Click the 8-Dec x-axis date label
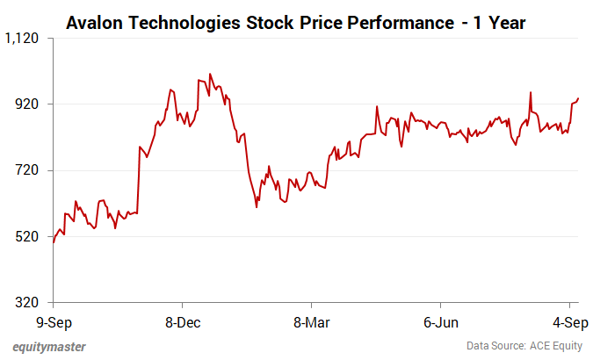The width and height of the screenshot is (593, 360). tap(181, 322)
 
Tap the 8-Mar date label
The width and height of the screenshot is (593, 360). tap(310, 322)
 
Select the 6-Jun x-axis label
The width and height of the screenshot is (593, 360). tap(439, 322)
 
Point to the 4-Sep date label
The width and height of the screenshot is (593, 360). tap(568, 322)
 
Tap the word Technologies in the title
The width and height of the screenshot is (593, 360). tap(184, 22)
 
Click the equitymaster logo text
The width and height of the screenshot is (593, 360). tap(49, 346)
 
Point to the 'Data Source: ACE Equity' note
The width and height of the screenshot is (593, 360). tap(524, 346)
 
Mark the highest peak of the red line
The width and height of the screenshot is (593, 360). tap(210, 74)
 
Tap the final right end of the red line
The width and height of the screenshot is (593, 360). tap(578, 97)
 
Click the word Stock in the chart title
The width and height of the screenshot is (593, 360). tap(262, 22)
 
